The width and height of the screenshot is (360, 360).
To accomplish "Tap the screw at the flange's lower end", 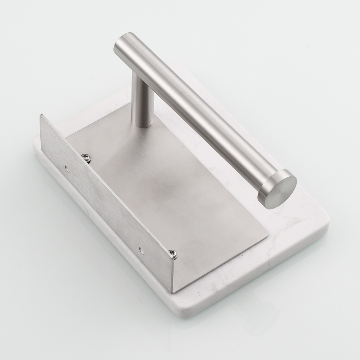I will click(173, 255).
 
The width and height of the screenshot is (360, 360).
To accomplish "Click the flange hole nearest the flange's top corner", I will click(67, 168).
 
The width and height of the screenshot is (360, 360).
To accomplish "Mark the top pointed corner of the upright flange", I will click(41, 116).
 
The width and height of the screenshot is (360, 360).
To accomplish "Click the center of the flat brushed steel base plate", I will click(169, 187).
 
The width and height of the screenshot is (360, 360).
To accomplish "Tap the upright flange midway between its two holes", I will click(104, 209).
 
